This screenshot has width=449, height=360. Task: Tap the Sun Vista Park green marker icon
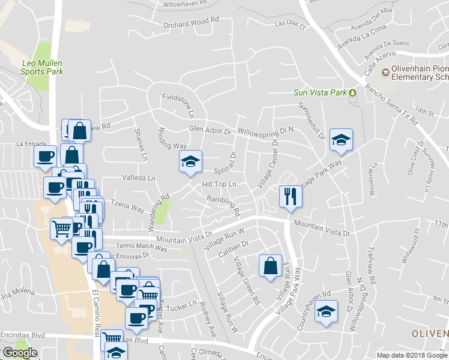click(353, 92)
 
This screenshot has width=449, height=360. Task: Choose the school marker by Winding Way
click(190, 161)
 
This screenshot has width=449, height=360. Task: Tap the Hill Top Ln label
click(219, 184)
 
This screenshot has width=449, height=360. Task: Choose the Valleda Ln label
click(139, 178)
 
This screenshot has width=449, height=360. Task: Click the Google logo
click(20, 353)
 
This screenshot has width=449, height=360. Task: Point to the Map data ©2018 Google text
click(412, 355)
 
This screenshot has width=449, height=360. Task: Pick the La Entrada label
click(31, 144)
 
